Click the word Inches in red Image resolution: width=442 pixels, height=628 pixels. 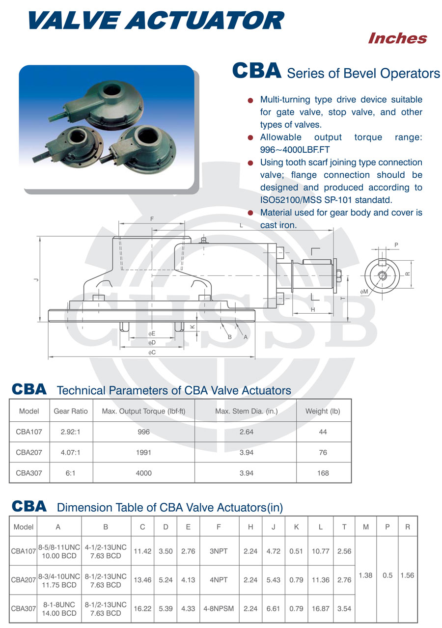[397, 38]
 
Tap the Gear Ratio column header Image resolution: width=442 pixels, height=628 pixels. [71, 411]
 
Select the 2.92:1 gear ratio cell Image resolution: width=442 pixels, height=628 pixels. [71, 432]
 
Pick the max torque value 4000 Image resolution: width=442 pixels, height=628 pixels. [144, 473]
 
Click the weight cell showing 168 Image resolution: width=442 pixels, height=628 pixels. [323, 473]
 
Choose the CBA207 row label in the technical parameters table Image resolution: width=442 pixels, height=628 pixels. [29, 453]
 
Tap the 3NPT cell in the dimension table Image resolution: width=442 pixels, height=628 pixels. [219, 551]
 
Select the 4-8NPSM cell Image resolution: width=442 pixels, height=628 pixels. [219, 608]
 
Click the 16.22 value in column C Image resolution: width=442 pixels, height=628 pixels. [142, 608]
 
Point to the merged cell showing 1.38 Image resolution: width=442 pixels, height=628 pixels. [365, 575]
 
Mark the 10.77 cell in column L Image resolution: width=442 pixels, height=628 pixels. [320, 551]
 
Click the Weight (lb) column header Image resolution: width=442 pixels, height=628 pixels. [323, 411]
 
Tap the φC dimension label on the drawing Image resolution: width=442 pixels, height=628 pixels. [152, 353]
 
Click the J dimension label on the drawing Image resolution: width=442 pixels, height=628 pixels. [36, 279]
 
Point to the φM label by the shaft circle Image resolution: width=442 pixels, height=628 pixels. [364, 292]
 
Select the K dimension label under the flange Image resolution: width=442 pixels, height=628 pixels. [193, 327]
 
